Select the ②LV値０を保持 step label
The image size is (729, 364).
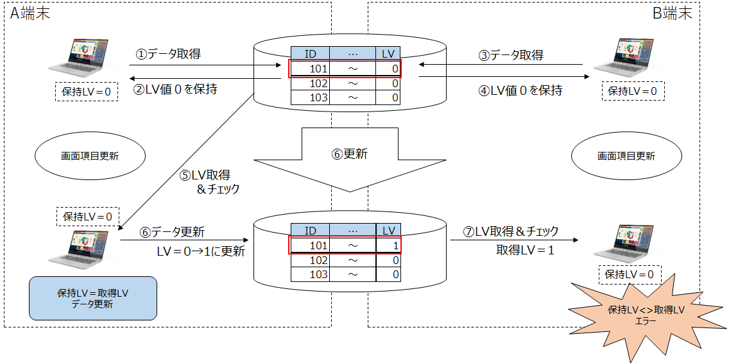[175, 89]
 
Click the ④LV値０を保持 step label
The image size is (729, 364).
[520, 90]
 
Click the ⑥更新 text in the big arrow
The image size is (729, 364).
[350, 154]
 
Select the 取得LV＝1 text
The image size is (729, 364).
[525, 250]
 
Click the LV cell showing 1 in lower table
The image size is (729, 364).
[388, 245]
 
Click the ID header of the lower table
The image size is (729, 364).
[310, 231]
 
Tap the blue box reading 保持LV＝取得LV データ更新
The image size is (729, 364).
[93, 298]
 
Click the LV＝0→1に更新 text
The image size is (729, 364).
[200, 251]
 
